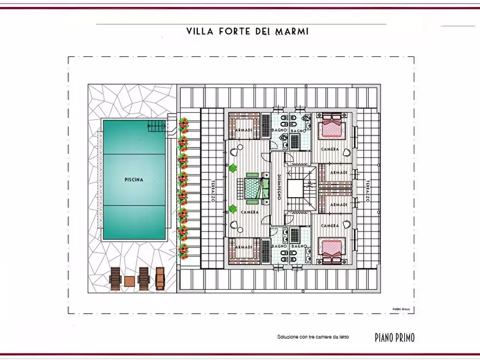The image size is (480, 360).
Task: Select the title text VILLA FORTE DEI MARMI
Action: pos(247,32)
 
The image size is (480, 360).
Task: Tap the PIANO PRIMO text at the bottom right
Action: pos(395,337)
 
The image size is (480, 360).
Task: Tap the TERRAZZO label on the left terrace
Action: pos(213,190)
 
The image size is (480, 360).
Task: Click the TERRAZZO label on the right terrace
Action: pos(368,190)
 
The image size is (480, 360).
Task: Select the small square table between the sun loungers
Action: pos(130,281)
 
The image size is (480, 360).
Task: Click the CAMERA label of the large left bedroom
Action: pos(250,212)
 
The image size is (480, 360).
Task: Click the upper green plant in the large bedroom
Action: pos(233,168)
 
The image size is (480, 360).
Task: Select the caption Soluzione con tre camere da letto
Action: pos(313,337)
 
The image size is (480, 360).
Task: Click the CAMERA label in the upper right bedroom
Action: pos(330,149)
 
